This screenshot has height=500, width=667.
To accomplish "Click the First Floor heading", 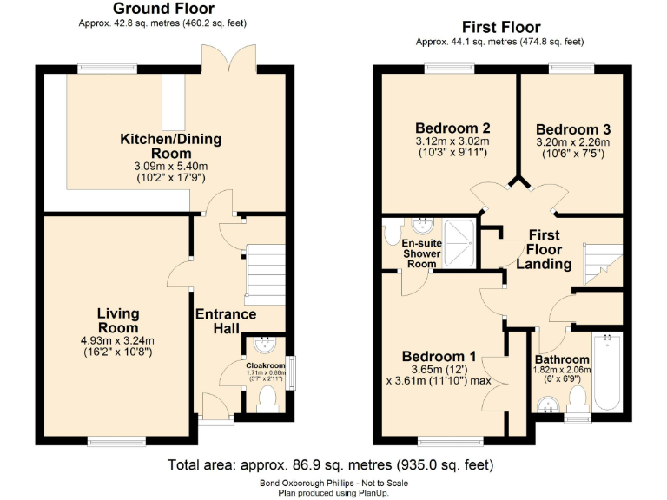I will tap(500, 27).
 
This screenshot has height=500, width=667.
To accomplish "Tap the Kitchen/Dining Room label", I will tap(170, 145).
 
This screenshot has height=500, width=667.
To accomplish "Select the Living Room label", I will tap(118, 320).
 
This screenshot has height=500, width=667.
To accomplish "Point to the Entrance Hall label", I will tap(225, 320).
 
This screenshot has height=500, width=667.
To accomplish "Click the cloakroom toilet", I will tap(267, 398).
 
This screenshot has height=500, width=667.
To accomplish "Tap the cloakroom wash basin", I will tap(262, 345).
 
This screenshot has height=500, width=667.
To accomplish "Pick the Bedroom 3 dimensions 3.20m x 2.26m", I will tap(573, 143).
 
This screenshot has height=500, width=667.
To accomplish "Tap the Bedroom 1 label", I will tap(439, 356).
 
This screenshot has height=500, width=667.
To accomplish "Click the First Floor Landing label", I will tap(544, 249).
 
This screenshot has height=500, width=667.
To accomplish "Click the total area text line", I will tap(335, 464).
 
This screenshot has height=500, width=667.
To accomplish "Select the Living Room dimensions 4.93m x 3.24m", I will tap(118, 340).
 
